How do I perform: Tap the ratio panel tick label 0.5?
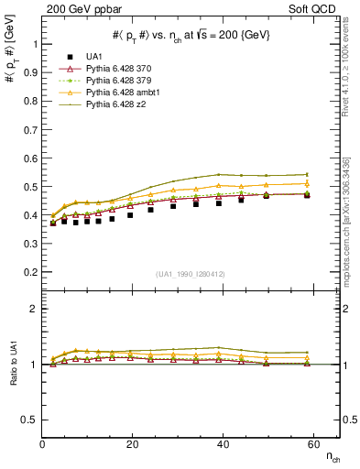point(27,420)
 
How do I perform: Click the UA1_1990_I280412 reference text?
point(190,275)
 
